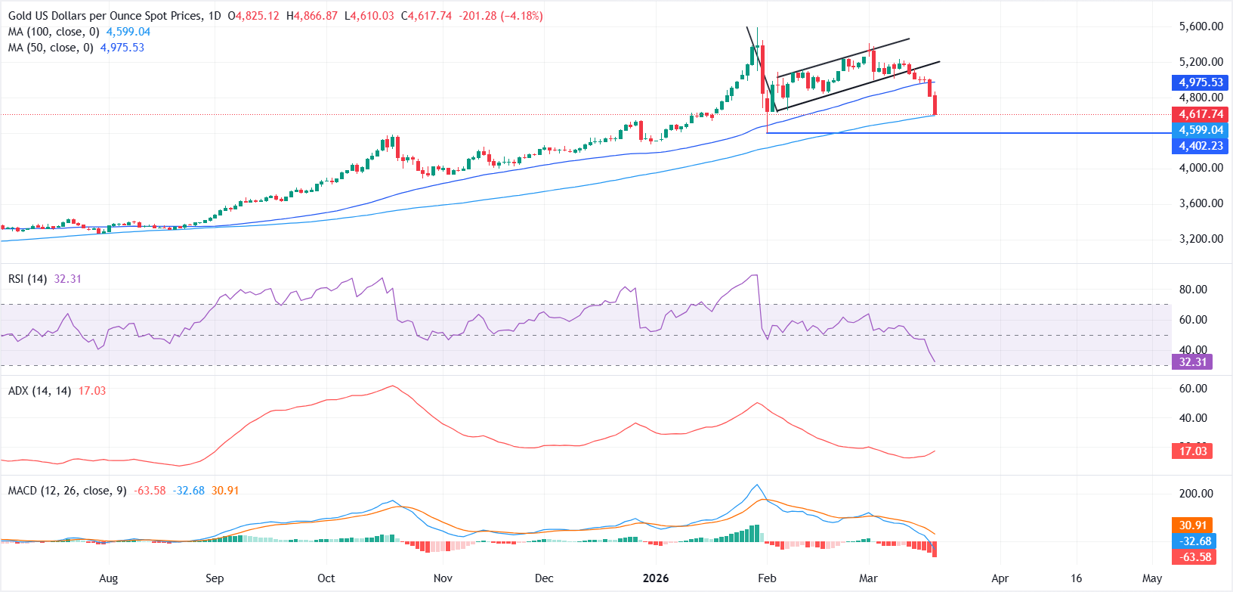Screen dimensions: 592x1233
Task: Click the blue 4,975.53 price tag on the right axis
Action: (x=1201, y=82)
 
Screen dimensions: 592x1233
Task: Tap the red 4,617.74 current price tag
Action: (x=1201, y=114)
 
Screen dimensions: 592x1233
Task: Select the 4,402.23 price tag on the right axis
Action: (x=1201, y=146)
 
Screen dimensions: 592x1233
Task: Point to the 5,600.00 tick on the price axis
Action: (x=1201, y=26)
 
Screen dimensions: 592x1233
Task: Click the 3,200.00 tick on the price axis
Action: (x=1201, y=239)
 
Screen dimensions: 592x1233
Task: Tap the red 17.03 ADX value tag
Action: (x=1193, y=451)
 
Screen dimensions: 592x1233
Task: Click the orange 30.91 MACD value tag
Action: (x=1193, y=525)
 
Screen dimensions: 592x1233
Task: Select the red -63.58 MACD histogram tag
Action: (x=1193, y=557)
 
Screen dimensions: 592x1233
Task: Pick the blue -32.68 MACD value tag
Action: (x=1193, y=541)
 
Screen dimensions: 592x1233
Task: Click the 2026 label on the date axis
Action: (x=655, y=578)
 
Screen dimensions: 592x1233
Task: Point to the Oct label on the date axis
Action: (x=326, y=578)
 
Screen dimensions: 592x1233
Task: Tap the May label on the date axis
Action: (x=1152, y=578)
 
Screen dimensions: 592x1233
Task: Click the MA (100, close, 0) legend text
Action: (x=54, y=32)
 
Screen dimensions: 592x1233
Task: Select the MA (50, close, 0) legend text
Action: (x=51, y=48)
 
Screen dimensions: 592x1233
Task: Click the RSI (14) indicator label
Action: (x=27, y=279)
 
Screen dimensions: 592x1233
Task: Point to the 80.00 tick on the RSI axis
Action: (x=1193, y=290)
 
